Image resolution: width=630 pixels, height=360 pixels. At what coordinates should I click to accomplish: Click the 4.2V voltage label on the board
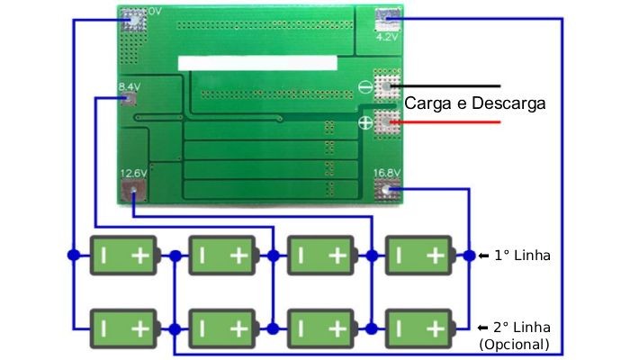(x=386, y=38)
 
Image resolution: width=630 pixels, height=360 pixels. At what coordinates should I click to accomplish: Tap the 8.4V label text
(x=129, y=87)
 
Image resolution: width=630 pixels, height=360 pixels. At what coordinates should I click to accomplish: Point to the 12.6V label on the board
(x=132, y=173)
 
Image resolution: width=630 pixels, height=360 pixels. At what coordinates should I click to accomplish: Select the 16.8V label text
(x=386, y=173)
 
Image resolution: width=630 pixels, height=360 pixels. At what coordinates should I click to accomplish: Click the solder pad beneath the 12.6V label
(x=133, y=191)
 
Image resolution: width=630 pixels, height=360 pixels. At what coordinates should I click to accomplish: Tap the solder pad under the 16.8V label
(x=388, y=190)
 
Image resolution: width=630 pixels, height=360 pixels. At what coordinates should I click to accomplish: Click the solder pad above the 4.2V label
(x=387, y=18)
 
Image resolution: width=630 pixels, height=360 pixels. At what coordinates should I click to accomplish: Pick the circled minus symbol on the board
(x=366, y=88)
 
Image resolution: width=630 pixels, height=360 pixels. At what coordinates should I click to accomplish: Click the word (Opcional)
(x=515, y=344)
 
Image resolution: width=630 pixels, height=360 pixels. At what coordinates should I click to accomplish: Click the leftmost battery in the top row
(x=125, y=256)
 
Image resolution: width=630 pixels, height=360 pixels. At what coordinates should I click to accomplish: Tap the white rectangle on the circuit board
(x=258, y=63)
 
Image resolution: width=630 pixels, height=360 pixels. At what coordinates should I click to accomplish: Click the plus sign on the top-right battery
(x=436, y=256)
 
